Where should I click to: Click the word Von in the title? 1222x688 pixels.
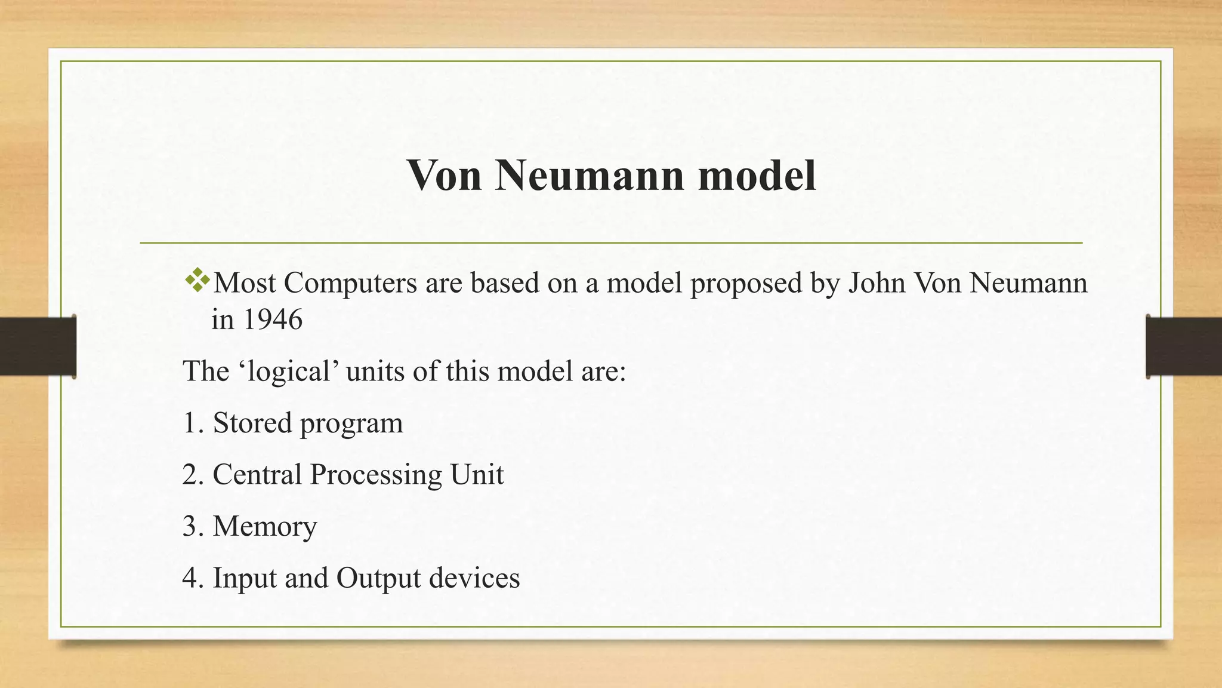445,175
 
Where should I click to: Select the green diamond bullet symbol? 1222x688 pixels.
198,281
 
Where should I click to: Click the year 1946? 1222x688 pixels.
273,320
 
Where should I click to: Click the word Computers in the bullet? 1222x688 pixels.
350,282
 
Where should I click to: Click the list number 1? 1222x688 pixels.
191,423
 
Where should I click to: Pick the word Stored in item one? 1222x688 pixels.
252,423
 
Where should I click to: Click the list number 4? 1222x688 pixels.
191,578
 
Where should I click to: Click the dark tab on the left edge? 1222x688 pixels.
38,346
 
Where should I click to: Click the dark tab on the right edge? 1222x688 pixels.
1184,346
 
